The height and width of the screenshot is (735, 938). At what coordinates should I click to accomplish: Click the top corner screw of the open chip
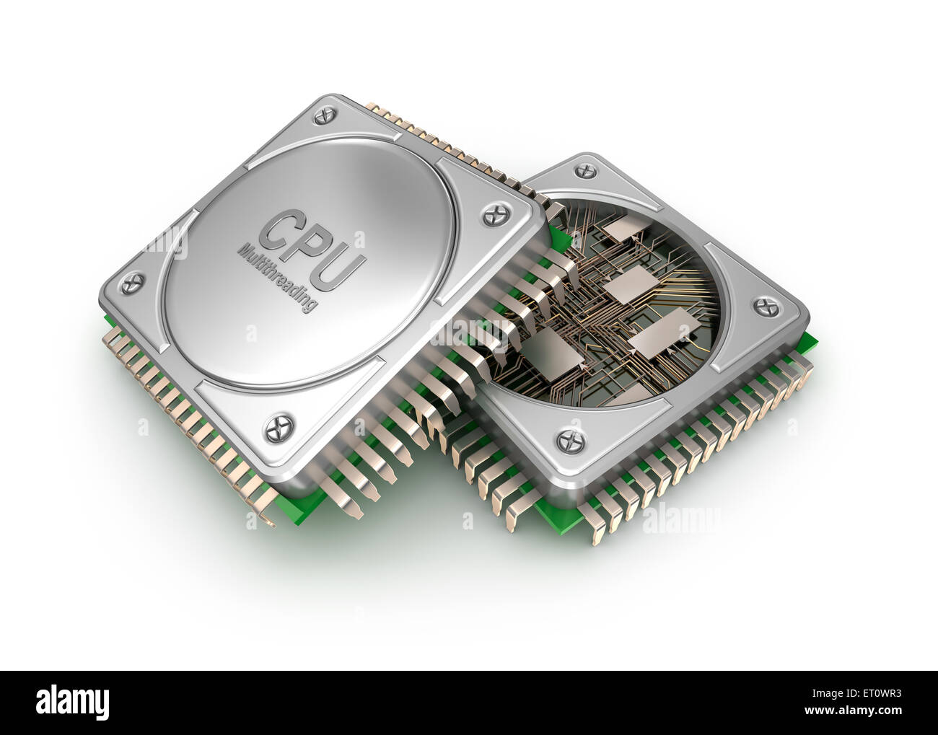point(582,170)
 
